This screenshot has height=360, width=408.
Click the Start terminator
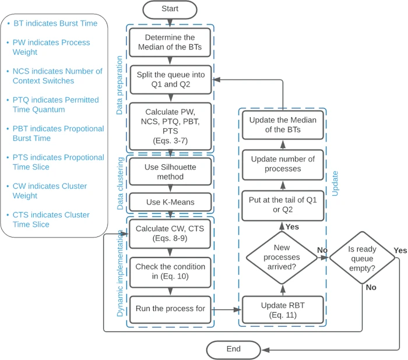click(170, 10)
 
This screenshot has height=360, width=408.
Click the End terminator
click(233, 350)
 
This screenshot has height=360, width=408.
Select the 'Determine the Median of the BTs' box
click(170, 43)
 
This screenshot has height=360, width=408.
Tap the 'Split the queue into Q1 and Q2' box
click(171, 80)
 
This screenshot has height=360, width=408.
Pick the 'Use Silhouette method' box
click(170, 172)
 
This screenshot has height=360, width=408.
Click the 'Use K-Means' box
click(170, 202)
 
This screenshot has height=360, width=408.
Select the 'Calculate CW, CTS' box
click(170, 234)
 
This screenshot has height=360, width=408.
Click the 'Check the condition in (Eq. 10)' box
click(170, 273)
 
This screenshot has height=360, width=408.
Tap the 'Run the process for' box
click(170, 309)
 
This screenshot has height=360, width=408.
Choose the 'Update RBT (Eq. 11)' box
click(283, 310)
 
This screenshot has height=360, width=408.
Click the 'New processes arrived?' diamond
click(282, 257)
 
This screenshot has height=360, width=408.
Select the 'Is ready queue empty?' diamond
click(362, 258)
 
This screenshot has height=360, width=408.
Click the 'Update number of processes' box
click(283, 165)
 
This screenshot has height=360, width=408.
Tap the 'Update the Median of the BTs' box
click(283, 125)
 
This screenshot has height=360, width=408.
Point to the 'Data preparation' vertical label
click(119, 85)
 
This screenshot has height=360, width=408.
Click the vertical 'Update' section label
click(335, 183)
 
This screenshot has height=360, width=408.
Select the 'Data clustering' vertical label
click(120, 183)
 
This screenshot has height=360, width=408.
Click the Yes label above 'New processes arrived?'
click(292, 227)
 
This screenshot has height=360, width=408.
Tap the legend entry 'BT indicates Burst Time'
click(55, 23)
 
